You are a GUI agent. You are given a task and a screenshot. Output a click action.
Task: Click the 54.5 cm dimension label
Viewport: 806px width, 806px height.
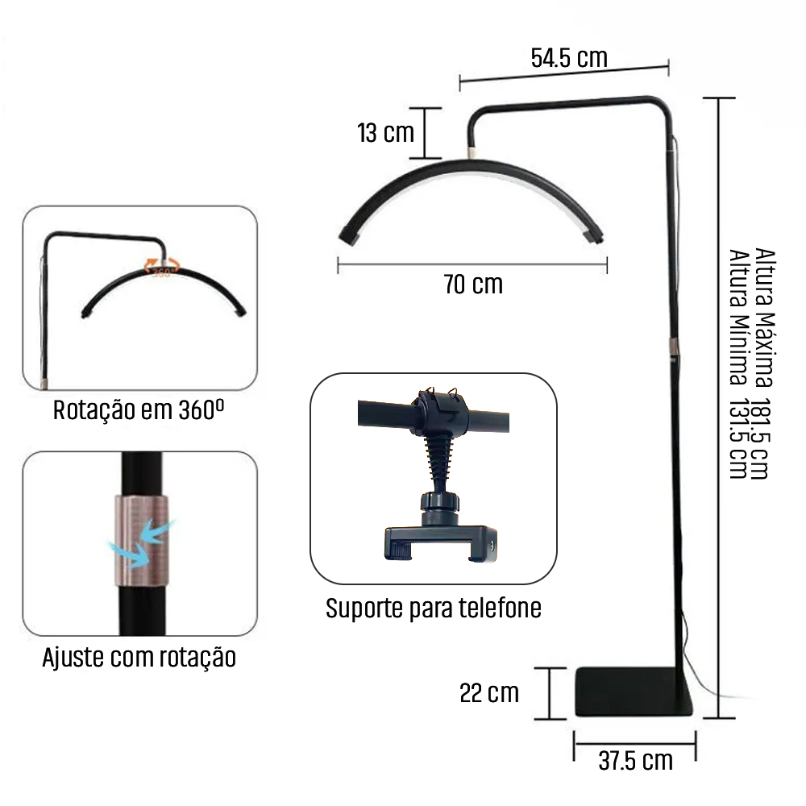(x=569, y=57)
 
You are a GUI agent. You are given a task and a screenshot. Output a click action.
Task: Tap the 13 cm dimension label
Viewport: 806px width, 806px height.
(x=385, y=133)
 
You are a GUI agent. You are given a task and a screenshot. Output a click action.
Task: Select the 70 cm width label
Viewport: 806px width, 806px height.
(x=473, y=285)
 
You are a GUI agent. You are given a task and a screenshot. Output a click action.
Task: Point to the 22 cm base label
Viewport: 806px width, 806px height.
(x=489, y=693)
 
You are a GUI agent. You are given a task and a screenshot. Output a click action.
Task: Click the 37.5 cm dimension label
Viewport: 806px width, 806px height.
(x=635, y=761)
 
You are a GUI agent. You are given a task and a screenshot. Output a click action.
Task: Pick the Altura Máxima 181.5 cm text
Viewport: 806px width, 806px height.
(x=764, y=364)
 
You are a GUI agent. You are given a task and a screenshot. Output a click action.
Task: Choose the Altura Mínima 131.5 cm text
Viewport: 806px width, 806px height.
(x=738, y=364)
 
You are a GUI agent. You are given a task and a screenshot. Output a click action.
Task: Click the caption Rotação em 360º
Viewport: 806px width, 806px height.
(x=139, y=410)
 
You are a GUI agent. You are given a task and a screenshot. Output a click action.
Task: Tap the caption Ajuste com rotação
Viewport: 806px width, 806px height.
(x=139, y=658)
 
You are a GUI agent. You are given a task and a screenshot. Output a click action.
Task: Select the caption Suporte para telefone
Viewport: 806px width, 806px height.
(x=434, y=608)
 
